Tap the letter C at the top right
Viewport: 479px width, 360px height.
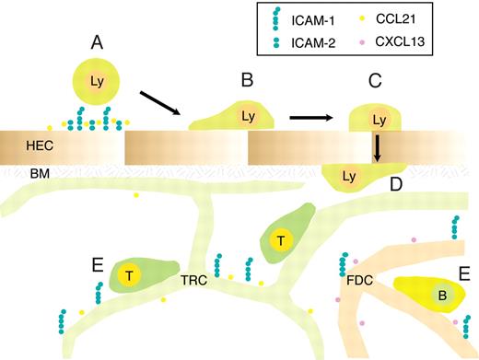pos(375,80)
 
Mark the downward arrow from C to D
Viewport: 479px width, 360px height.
pos(377,147)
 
